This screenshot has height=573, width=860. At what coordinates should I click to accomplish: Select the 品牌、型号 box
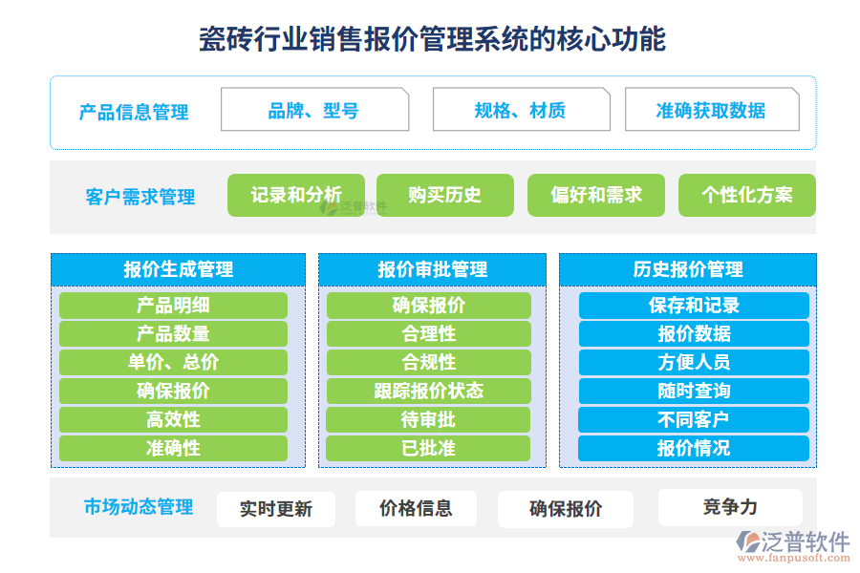314,110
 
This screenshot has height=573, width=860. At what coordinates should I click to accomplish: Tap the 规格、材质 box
521,110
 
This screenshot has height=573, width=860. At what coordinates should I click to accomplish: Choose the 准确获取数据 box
712,110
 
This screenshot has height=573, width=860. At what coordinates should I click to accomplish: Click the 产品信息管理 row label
134,112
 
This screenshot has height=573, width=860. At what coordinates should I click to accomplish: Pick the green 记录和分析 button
296,195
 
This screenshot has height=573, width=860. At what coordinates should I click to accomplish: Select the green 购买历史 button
444,195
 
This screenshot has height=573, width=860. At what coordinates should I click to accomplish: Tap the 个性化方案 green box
746,195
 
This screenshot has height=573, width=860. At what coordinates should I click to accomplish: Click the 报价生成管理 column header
178,269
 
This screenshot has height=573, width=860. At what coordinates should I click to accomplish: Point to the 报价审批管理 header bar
432,269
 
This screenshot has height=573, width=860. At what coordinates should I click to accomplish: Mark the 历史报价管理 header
688,269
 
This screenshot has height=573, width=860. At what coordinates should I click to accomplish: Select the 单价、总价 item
173,362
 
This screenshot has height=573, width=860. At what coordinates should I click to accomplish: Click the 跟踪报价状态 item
428,391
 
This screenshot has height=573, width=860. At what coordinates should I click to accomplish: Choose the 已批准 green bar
428,448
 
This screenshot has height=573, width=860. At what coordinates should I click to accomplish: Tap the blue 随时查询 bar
694,391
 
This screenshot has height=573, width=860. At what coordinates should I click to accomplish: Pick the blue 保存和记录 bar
694,306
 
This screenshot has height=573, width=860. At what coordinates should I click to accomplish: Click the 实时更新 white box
276,509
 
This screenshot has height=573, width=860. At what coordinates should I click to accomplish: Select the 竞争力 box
730,507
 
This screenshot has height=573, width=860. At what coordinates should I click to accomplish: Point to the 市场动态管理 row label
139,506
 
